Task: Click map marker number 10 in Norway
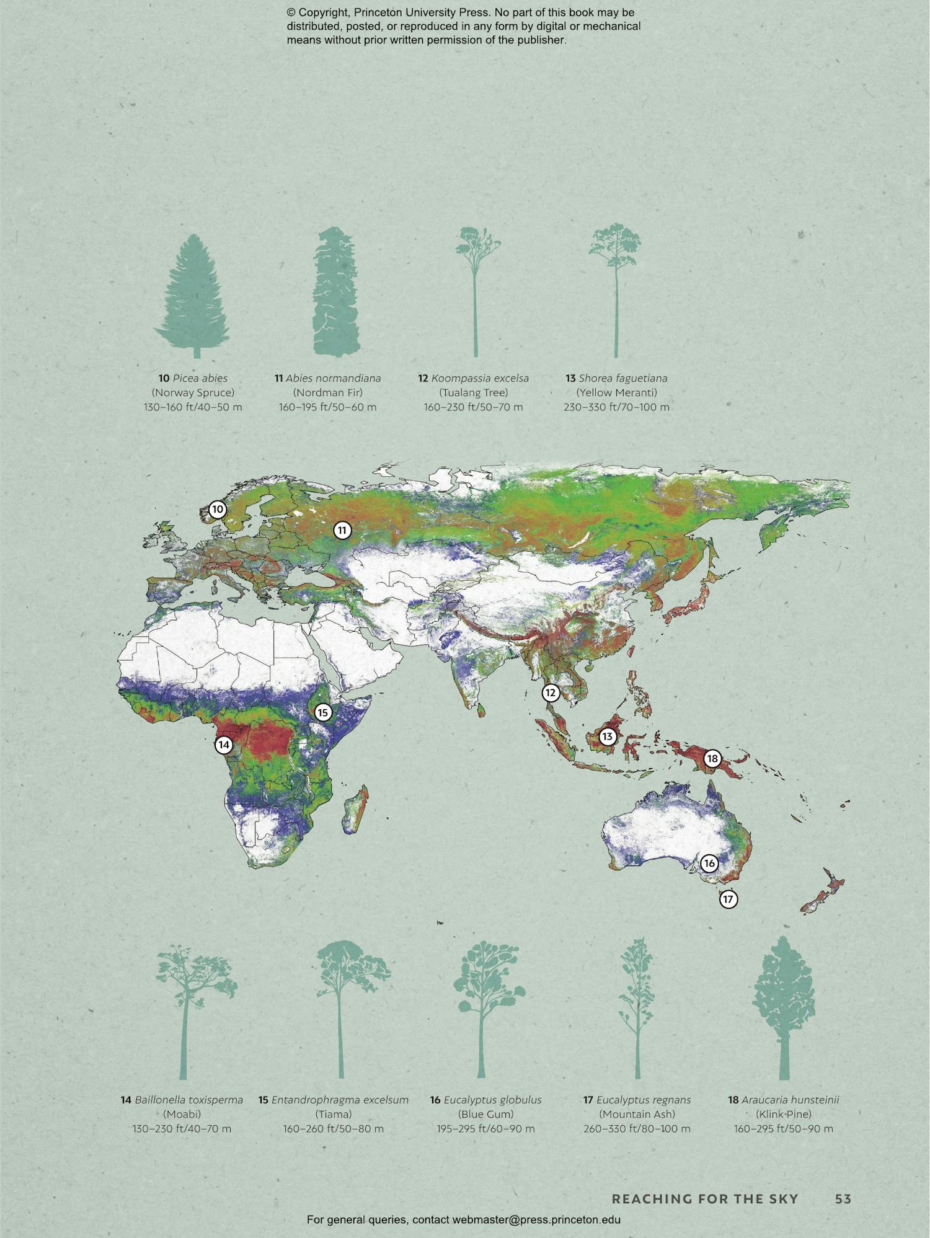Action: pos(217,510)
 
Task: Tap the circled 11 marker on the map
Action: pos(342,530)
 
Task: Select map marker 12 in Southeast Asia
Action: pos(551,692)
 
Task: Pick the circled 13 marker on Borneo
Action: pos(607,736)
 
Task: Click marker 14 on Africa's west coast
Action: pos(224,745)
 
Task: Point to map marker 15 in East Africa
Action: pos(322,712)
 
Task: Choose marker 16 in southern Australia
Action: pos(709,863)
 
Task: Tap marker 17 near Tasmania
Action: pos(728,899)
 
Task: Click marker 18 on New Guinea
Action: pos(712,758)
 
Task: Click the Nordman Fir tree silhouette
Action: pos(336,291)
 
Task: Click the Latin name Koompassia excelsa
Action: pos(480,378)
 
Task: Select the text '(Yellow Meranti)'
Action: pos(616,392)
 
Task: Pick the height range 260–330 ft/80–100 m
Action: pos(637,1129)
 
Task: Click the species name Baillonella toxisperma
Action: pos(188,1100)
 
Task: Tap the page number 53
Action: pos(843,1199)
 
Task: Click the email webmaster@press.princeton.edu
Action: pos(536,1220)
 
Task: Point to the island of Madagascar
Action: pos(355,809)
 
